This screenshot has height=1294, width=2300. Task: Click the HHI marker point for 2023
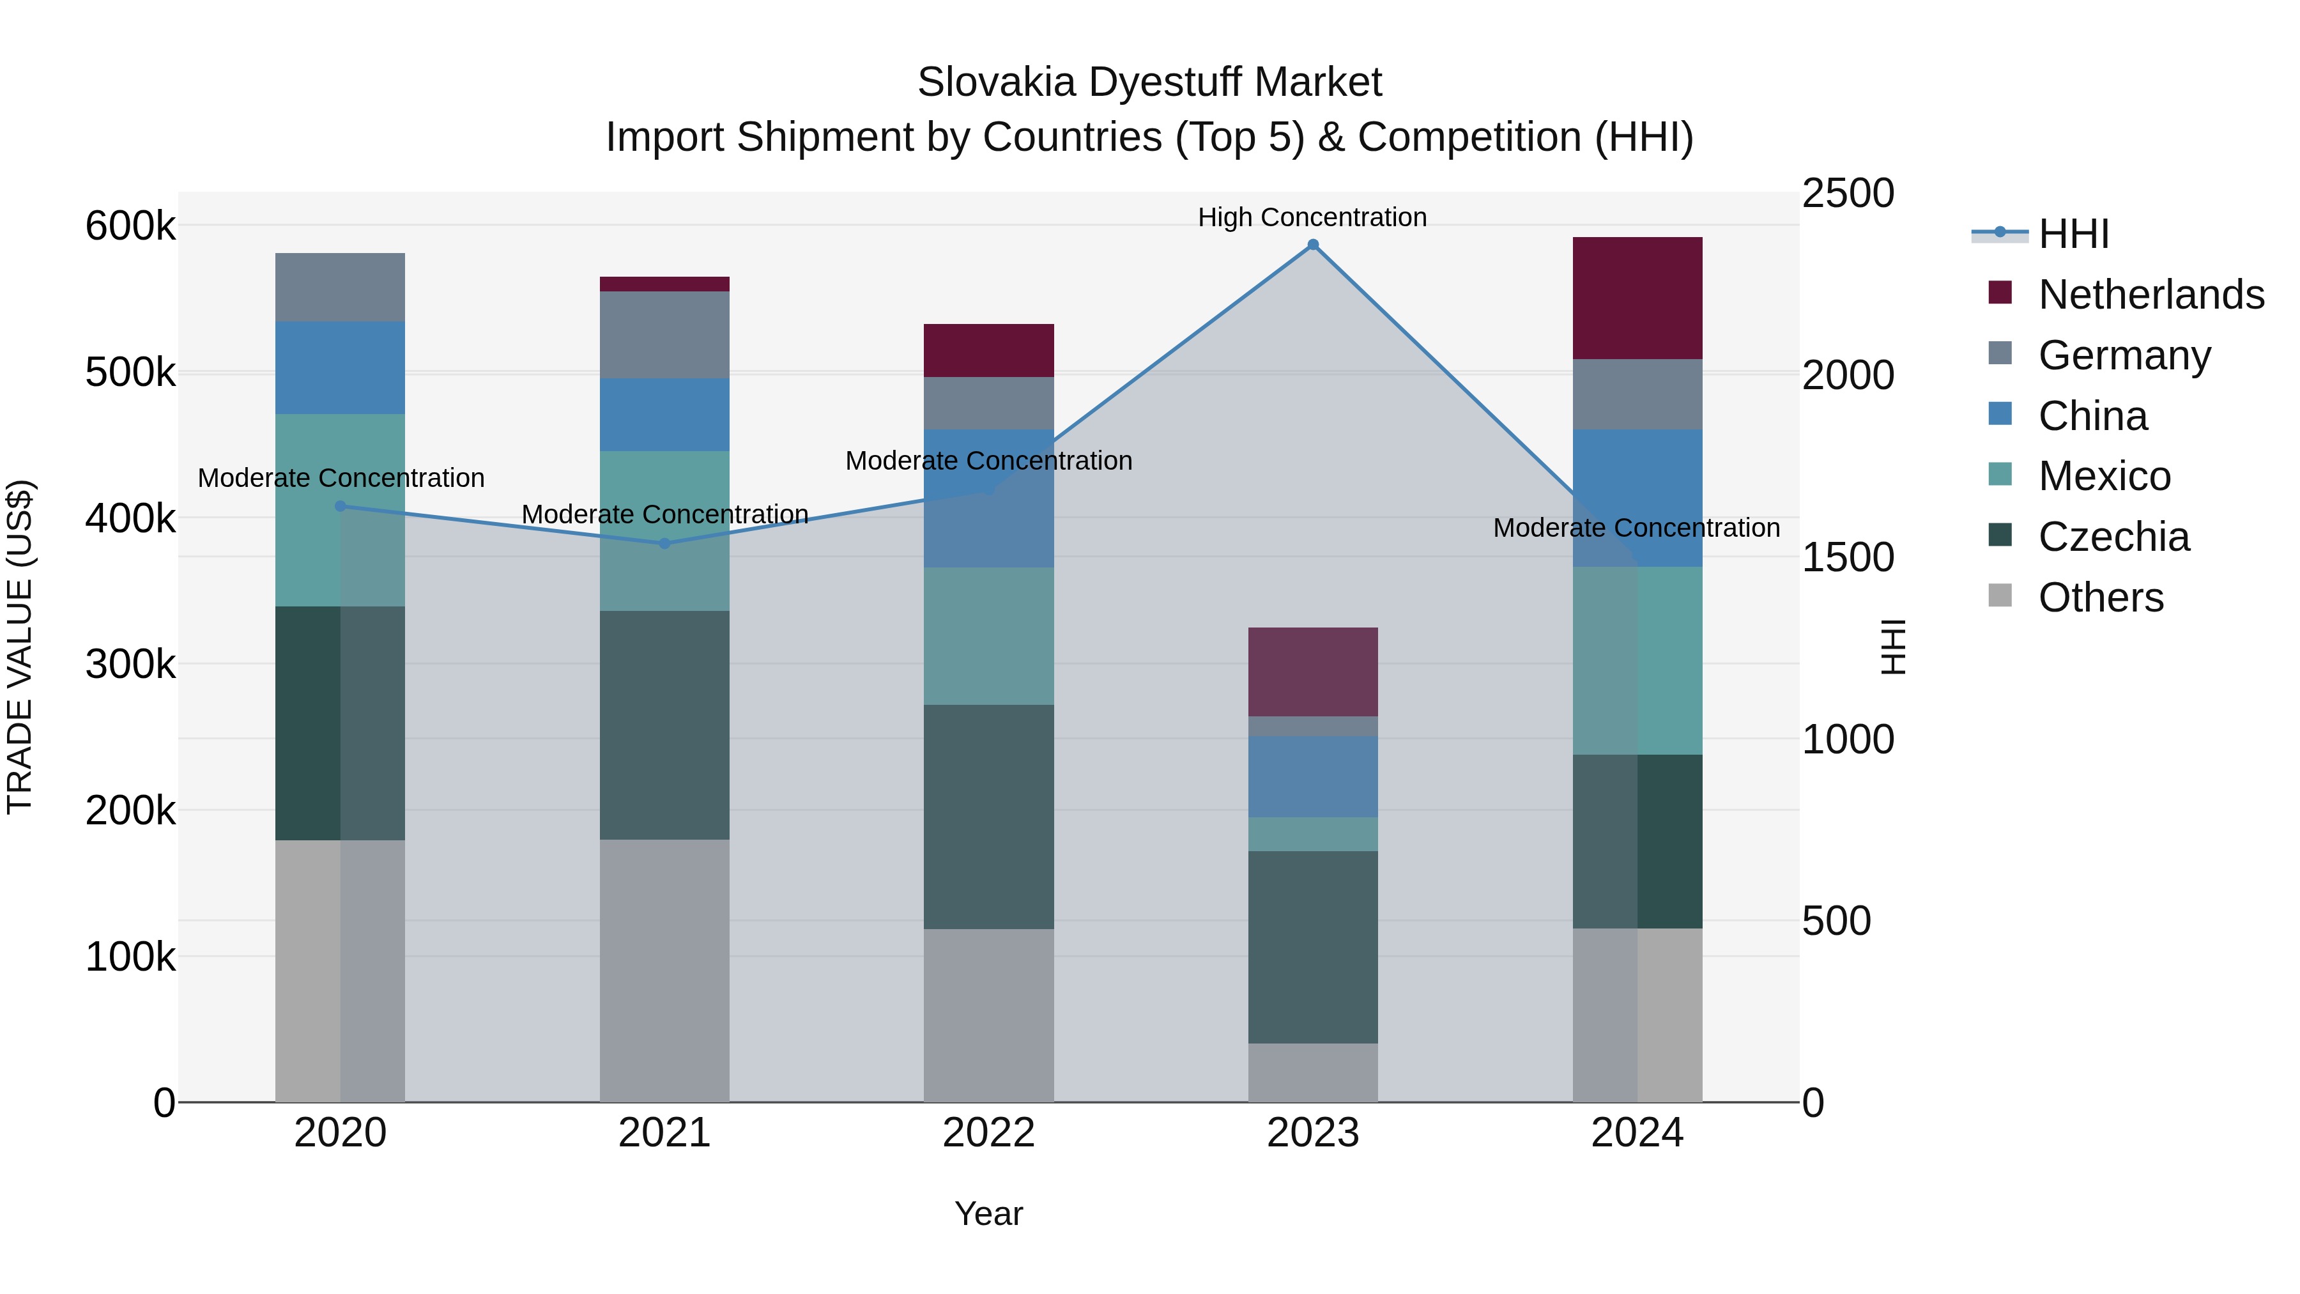[x=1312, y=245]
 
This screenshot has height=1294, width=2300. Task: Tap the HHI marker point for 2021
[x=664, y=543]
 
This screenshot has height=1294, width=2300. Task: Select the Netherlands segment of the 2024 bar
[x=1637, y=298]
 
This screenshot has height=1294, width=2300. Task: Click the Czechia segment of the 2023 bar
[x=1312, y=946]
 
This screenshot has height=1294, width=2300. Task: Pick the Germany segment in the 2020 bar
[x=339, y=287]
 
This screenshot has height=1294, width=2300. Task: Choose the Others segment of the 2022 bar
[x=988, y=1015]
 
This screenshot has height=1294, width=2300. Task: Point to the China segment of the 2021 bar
[x=664, y=414]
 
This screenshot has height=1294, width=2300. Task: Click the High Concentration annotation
[x=1312, y=217]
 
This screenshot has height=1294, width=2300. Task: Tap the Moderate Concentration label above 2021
[x=664, y=514]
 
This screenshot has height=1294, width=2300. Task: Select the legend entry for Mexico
[x=2104, y=476]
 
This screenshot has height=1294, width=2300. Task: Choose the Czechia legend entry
[x=2113, y=537]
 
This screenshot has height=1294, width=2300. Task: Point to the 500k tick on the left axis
[x=130, y=373]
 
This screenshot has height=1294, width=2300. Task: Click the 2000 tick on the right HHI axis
[x=1846, y=375]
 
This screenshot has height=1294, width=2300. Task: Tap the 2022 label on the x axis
[x=988, y=1133]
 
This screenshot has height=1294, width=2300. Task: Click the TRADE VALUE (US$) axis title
[x=20, y=647]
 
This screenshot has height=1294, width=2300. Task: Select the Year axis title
[x=988, y=1213]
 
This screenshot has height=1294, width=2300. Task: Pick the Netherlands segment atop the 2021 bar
[x=664, y=284]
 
